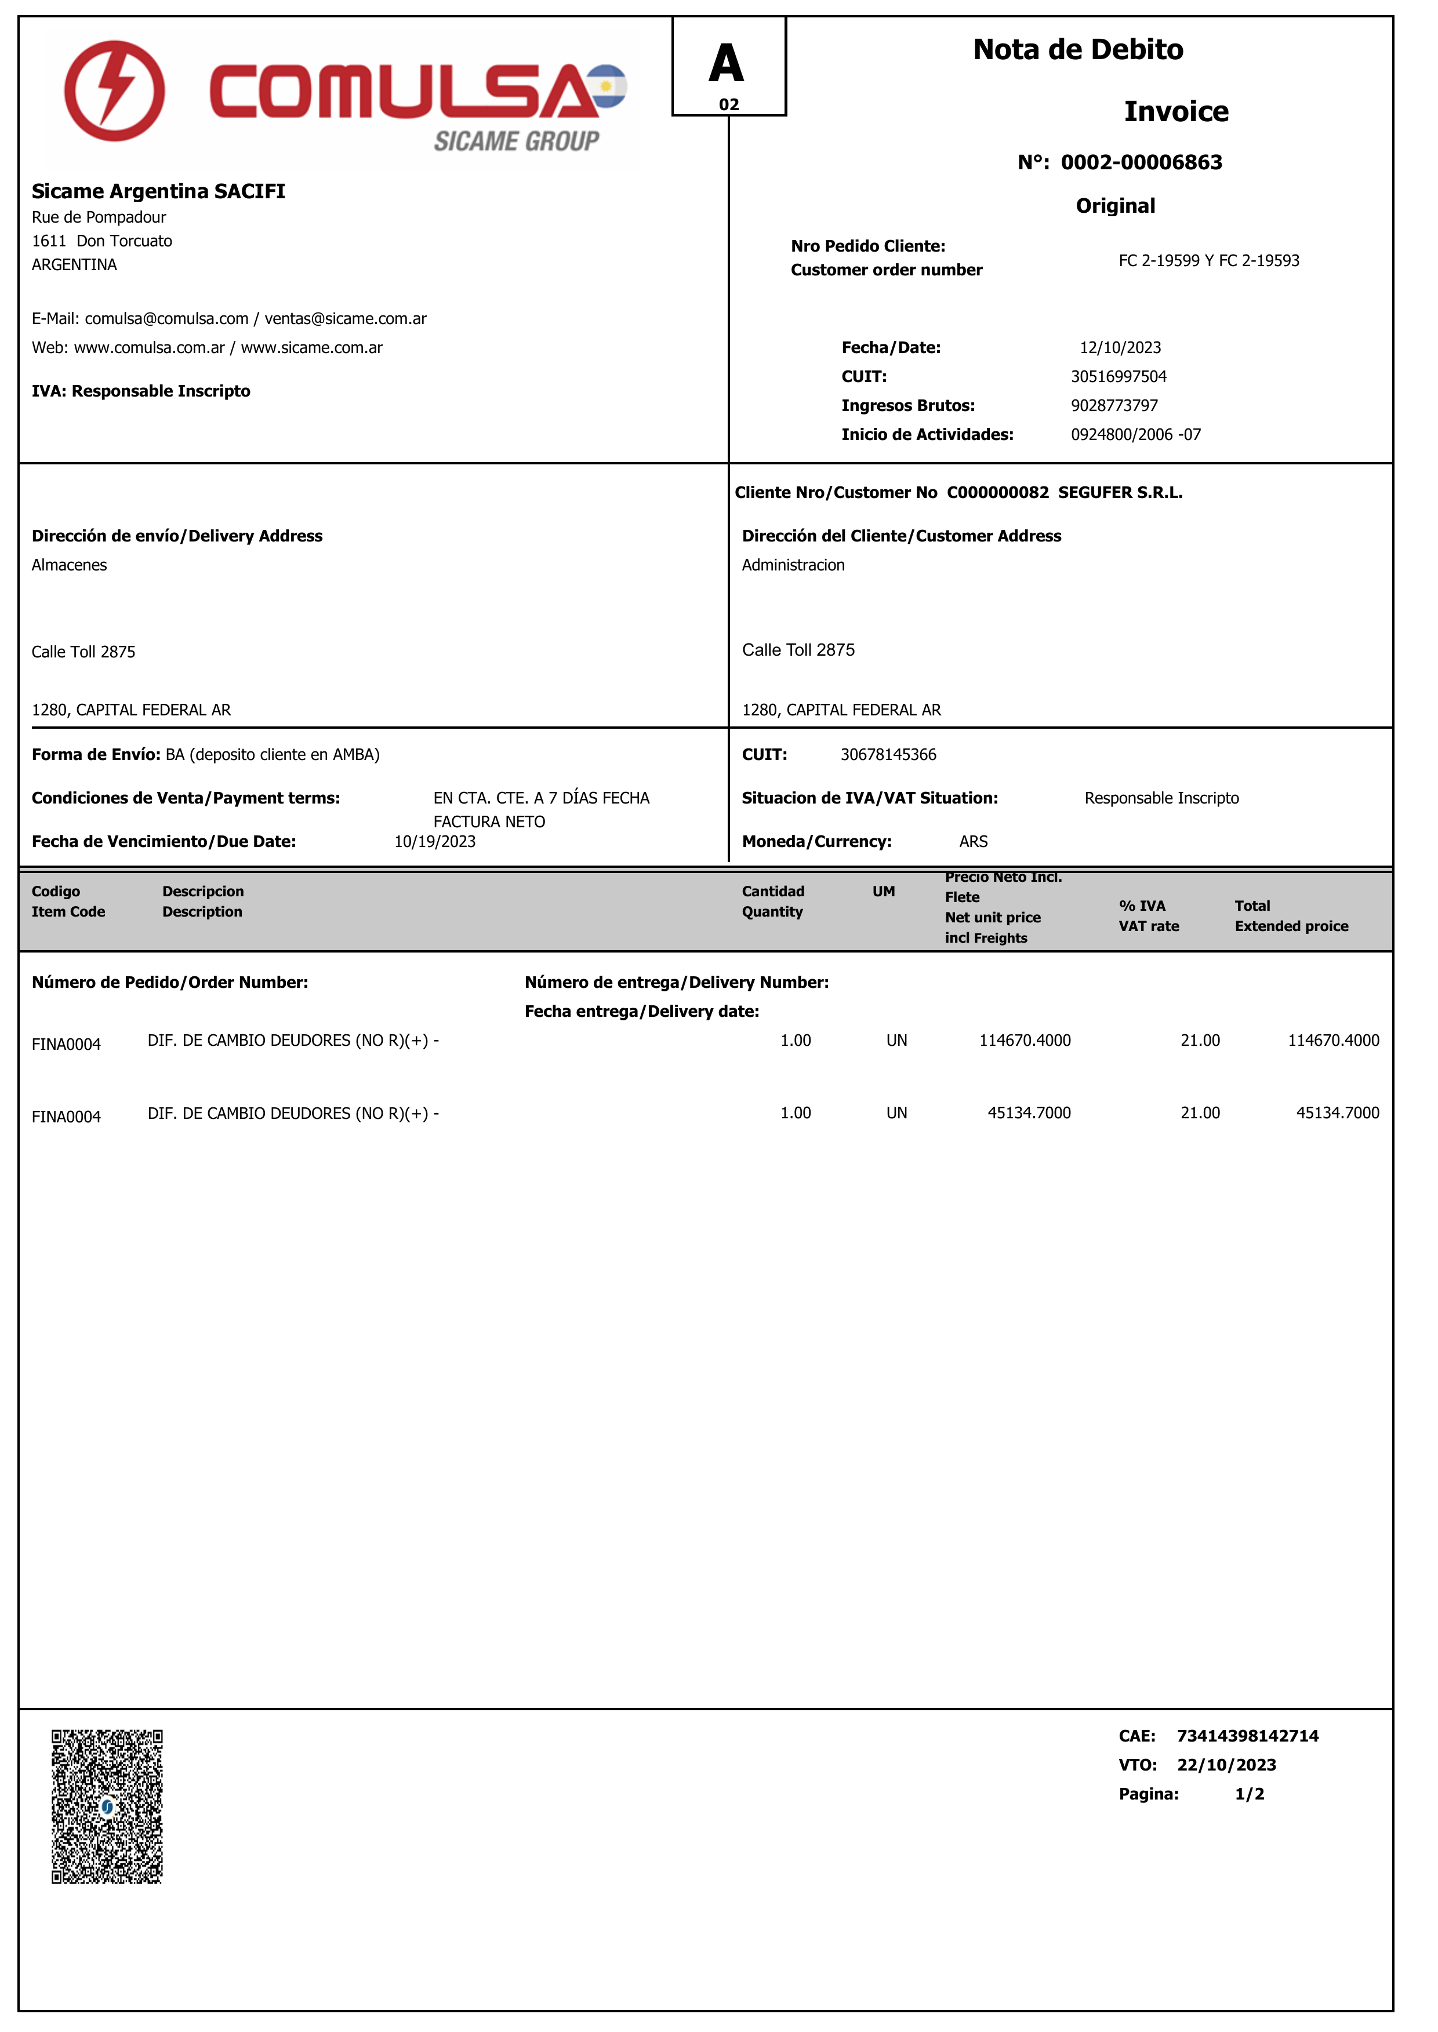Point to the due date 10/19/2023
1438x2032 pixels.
click(435, 842)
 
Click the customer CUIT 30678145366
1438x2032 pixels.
click(888, 755)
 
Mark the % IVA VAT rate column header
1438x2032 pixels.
click(1149, 915)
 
